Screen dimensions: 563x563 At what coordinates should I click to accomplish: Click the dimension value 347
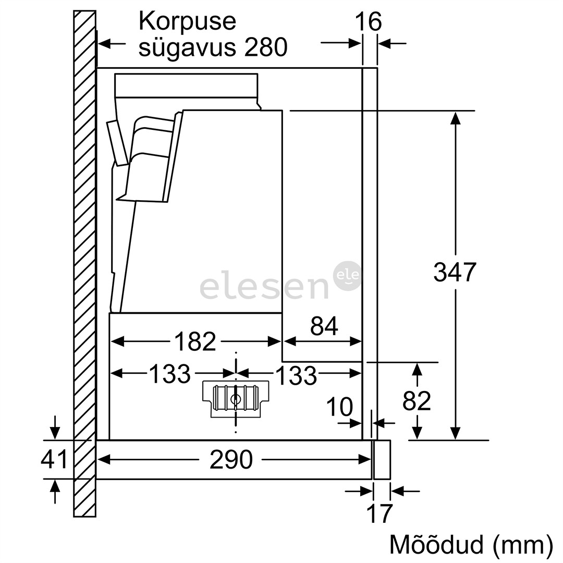(x=455, y=272)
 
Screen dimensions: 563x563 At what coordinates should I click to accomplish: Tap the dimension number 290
(x=231, y=460)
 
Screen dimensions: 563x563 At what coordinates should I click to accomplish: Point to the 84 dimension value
(x=324, y=326)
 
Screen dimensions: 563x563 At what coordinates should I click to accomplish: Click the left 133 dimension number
(x=170, y=373)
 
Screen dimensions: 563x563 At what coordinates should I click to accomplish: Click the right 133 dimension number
(x=296, y=374)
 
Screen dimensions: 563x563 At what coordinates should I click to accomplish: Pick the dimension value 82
(x=417, y=401)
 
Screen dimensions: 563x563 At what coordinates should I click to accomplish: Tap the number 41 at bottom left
(x=54, y=459)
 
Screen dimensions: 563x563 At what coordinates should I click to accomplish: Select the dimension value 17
(x=379, y=513)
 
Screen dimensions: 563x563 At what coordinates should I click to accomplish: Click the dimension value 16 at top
(x=368, y=22)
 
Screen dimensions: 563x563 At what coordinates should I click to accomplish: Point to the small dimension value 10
(x=339, y=407)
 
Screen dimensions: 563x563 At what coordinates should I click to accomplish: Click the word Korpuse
(x=187, y=22)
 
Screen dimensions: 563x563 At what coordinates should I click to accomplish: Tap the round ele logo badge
(x=347, y=276)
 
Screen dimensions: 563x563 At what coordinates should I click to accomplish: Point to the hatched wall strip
(x=84, y=261)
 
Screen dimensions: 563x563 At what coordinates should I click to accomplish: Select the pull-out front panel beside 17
(x=382, y=459)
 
